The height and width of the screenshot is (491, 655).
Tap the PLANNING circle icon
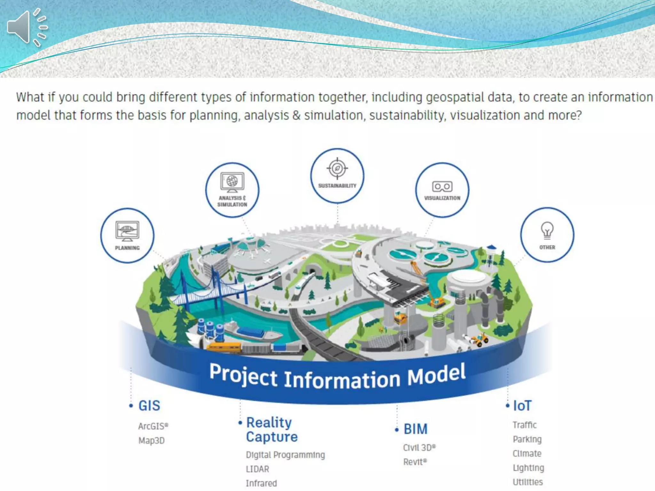coord(127,235)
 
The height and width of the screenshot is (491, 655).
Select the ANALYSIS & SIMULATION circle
coord(232,190)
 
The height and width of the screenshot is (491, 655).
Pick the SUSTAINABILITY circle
coord(337,176)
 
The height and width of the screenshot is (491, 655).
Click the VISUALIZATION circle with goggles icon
coord(442,190)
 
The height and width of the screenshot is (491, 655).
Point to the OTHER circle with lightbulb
coord(547,235)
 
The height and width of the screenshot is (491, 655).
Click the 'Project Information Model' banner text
coord(337,377)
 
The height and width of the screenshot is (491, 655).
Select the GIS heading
coord(149,406)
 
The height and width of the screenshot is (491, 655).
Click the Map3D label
coord(151,440)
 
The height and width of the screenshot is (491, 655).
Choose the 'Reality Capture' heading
coord(271,430)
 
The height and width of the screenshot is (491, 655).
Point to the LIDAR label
coord(257,469)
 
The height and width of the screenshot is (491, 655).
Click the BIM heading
coord(415,429)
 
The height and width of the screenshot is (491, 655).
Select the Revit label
coord(414,462)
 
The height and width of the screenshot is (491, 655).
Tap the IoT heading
coord(522,406)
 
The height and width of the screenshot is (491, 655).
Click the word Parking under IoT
coord(527,439)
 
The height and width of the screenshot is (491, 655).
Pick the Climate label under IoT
coord(527,454)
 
